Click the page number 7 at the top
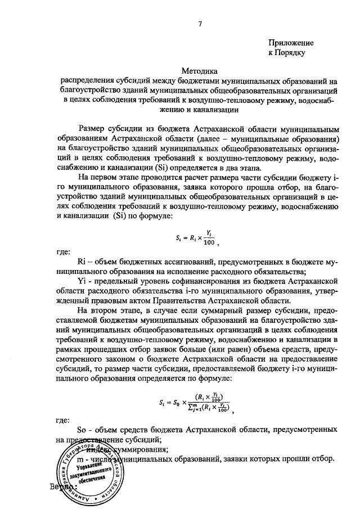pos(200,23)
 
